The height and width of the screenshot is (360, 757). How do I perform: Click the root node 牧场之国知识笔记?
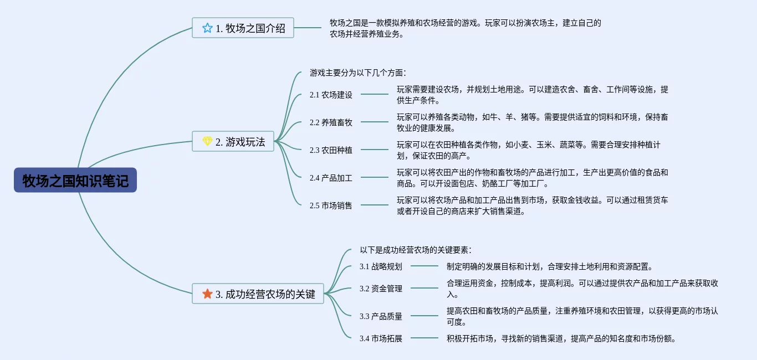75,181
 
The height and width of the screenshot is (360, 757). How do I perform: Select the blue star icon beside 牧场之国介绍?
207,28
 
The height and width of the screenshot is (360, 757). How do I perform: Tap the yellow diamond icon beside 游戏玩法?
207,142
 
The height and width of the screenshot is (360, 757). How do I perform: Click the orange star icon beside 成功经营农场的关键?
207,294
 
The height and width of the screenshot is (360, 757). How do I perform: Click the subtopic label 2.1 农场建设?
331,95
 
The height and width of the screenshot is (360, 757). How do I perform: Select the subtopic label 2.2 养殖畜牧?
331,122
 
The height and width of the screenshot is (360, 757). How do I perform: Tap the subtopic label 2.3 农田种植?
331,150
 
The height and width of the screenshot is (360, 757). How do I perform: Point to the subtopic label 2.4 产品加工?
331,178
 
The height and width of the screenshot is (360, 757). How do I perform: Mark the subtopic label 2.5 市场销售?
331,205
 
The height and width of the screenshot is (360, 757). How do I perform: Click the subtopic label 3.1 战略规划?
381,266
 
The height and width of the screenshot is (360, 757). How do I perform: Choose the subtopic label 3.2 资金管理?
381,289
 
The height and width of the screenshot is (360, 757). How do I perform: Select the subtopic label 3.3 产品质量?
381,316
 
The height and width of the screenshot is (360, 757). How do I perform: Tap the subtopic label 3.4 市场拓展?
381,338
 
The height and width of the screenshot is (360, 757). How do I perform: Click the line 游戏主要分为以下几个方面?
358,73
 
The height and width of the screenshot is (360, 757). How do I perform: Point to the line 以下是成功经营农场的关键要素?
416,250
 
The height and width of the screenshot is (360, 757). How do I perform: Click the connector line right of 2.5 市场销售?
375,205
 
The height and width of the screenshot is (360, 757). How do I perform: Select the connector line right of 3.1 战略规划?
424,266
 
